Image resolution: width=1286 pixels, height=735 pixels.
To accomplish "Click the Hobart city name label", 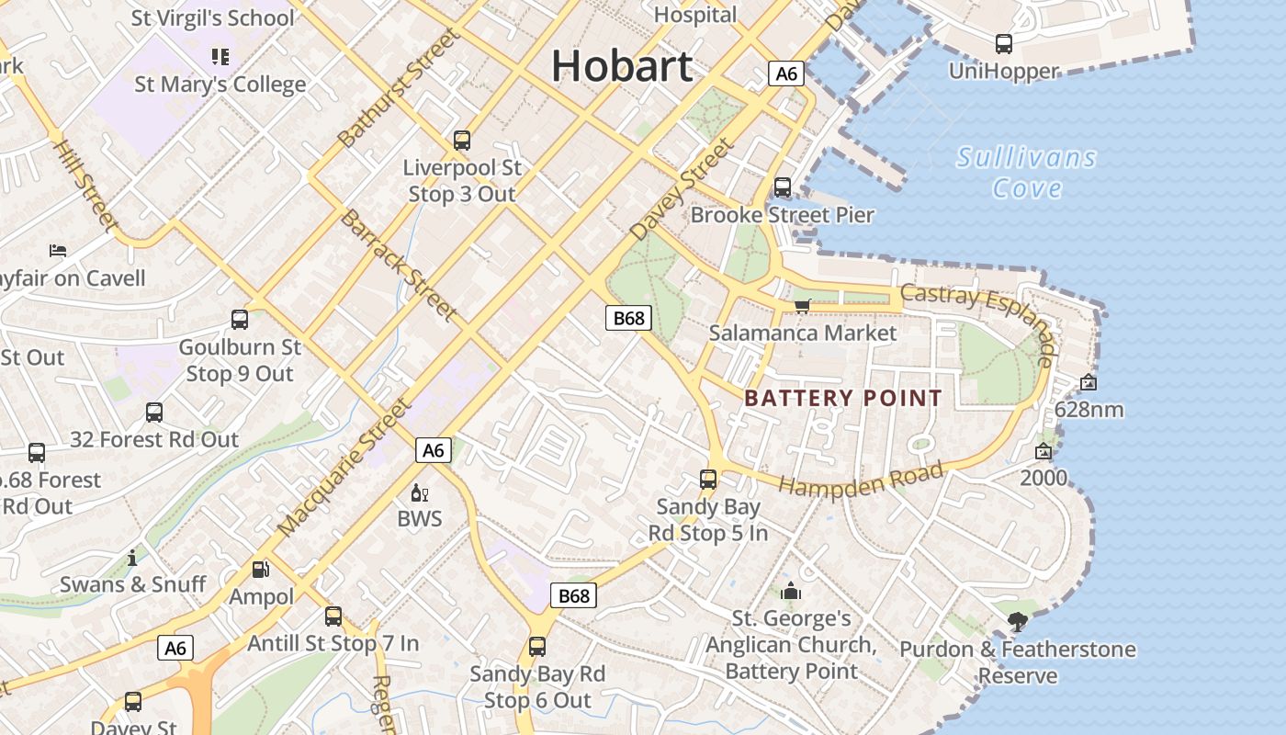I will point(622,66).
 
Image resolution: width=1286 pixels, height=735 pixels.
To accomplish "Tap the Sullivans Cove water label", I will point(1027,173).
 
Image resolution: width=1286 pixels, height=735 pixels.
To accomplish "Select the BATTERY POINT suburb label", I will point(843,398).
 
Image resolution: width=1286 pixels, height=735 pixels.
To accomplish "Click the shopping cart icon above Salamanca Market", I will point(803,306).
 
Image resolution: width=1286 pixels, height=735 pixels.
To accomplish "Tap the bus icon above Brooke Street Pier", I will point(783,187).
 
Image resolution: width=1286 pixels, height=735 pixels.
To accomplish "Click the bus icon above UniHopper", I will point(1004,43).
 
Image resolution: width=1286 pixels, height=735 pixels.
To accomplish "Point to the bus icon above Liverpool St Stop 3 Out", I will point(462,141).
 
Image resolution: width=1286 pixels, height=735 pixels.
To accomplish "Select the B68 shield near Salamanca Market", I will point(629,318).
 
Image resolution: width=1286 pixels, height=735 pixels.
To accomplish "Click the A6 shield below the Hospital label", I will point(786,73).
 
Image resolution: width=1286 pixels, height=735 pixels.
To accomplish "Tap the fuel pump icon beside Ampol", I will point(261,570).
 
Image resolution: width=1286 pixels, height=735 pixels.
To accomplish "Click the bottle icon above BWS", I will point(420,493).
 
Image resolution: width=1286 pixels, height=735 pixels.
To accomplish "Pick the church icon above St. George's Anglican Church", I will point(791,591).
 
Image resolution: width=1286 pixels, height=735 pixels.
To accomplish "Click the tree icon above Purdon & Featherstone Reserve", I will point(1017,622).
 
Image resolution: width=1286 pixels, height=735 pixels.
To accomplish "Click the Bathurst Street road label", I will point(397,88).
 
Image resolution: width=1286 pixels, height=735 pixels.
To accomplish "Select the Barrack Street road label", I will point(399,266).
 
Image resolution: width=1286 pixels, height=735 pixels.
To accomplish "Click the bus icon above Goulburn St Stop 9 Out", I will point(240,320).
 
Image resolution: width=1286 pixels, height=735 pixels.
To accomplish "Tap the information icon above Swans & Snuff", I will point(132,558).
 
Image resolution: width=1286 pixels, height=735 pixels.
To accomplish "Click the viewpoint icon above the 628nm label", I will point(1089,382).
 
